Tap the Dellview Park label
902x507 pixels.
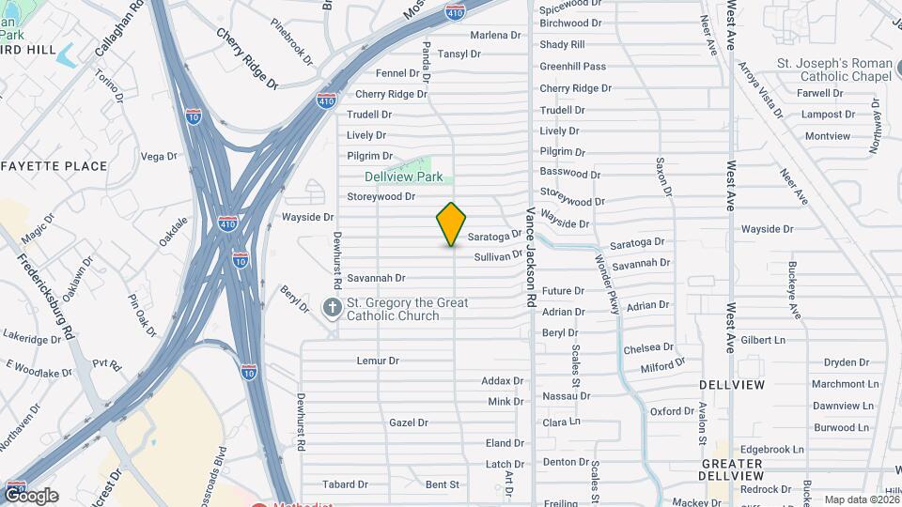(x=403, y=177)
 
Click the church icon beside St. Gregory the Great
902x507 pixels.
(x=332, y=308)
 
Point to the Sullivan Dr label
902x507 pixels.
(x=498, y=255)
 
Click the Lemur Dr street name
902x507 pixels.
(x=378, y=361)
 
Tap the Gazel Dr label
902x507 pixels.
(x=409, y=422)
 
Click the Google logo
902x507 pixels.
(x=31, y=495)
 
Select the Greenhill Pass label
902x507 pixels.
(x=572, y=67)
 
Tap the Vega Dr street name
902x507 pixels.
(x=159, y=157)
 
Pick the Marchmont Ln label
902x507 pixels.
(x=846, y=384)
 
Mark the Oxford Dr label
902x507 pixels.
(x=672, y=411)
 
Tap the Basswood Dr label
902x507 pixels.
(x=569, y=174)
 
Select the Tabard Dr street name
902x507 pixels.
(x=345, y=484)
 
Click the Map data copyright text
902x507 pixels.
(x=859, y=499)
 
